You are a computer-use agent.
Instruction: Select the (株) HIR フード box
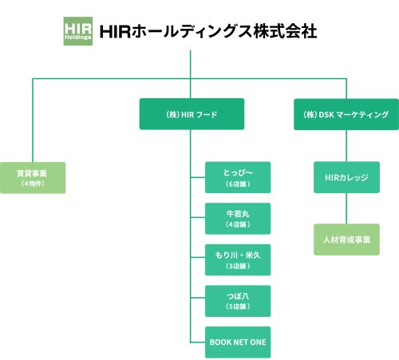(192, 114)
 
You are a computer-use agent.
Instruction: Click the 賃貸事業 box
(32, 177)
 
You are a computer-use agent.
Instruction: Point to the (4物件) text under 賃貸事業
(32, 184)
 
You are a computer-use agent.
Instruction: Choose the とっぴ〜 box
(238, 177)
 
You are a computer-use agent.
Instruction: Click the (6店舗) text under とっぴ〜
(238, 184)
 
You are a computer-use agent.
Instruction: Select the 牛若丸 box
(238, 219)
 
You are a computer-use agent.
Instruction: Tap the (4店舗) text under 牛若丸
(238, 225)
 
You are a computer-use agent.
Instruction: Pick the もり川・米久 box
(238, 260)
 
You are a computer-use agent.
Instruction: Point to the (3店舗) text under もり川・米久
(238, 267)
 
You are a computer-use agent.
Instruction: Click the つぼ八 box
(238, 301)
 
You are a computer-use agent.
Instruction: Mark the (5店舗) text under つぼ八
(238, 307)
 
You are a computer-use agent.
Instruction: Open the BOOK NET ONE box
(238, 342)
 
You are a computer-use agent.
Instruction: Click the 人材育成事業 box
(346, 239)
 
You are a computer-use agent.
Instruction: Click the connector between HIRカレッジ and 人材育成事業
(346, 208)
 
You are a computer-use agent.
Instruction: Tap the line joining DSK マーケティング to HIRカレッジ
(346, 145)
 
